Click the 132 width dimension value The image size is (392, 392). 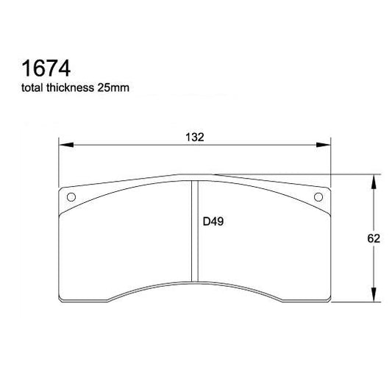(195, 137)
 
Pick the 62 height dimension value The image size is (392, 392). (373, 238)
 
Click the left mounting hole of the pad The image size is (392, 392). (71, 197)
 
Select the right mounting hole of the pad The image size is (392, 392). (318, 197)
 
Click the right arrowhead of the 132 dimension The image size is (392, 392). (325, 145)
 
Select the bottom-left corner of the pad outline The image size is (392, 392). (62, 301)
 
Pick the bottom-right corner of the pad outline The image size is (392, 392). (328, 301)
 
